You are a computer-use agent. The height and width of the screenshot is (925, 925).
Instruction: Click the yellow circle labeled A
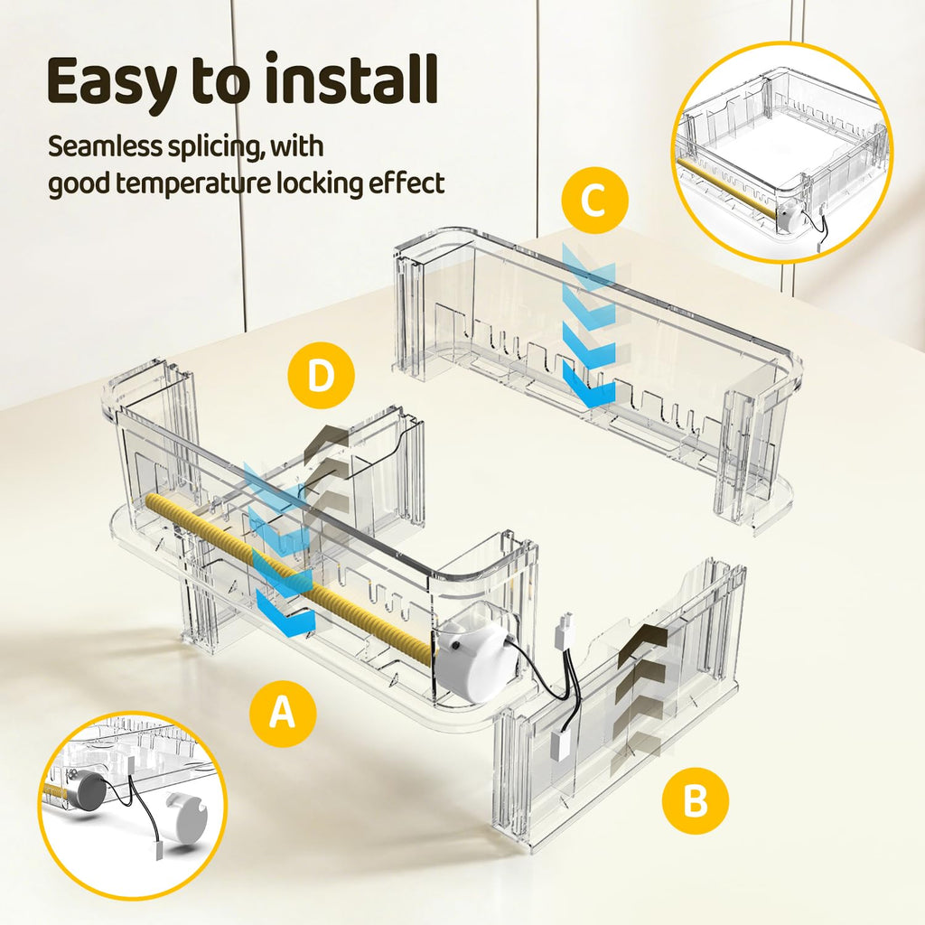(x=283, y=714)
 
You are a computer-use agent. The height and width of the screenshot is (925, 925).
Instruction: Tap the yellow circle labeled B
(x=695, y=801)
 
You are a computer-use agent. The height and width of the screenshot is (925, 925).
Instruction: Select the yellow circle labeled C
(x=594, y=200)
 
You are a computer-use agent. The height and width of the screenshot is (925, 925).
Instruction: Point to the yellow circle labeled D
(x=321, y=375)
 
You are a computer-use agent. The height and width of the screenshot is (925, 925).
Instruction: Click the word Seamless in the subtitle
(x=104, y=146)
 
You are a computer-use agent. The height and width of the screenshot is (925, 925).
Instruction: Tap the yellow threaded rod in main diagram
(x=289, y=571)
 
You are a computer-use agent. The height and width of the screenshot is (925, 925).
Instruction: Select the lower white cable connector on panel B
(x=561, y=745)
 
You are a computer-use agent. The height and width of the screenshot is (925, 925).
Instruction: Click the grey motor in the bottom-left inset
(x=89, y=794)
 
